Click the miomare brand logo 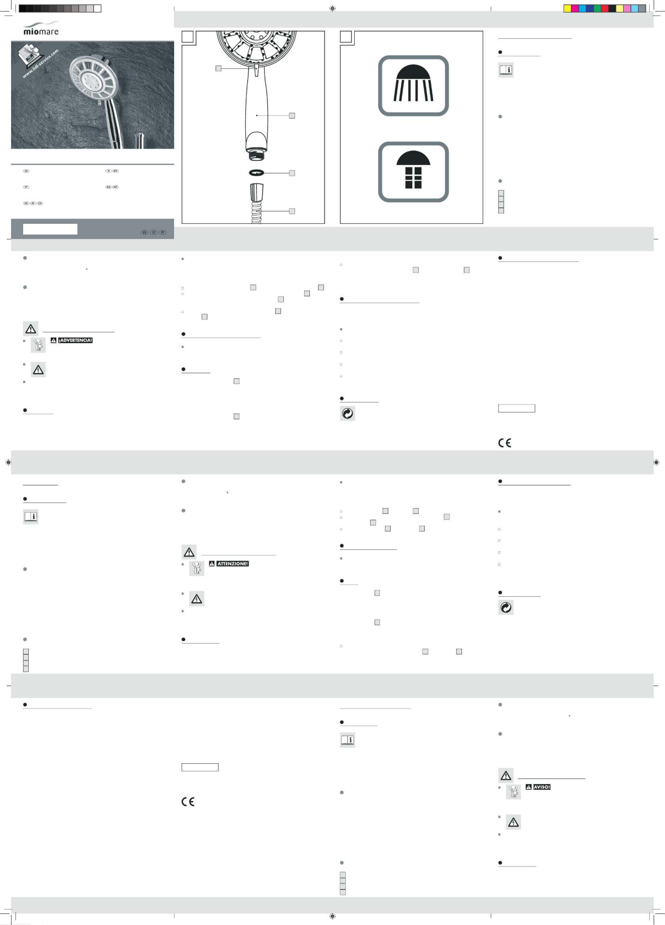click(x=41, y=29)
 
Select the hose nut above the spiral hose click(x=257, y=192)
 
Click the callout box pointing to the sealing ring click(x=292, y=173)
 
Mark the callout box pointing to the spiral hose click(x=292, y=211)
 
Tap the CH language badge click(x=40, y=203)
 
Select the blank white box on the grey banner click(x=50, y=229)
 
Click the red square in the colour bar click(x=605, y=9)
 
